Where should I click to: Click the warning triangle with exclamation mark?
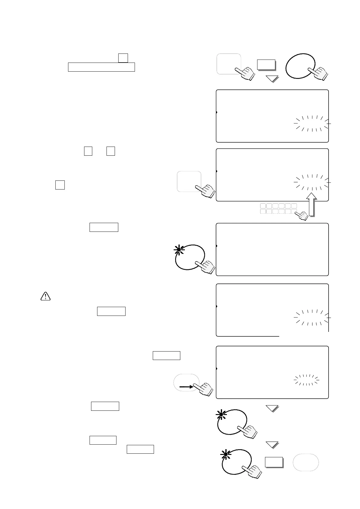click(x=45, y=296)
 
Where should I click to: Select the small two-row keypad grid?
click(x=278, y=209)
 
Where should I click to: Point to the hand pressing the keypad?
click(x=302, y=215)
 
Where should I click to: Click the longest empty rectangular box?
click(x=101, y=67)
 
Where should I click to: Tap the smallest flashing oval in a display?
click(x=306, y=380)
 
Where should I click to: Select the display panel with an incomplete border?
click(x=272, y=310)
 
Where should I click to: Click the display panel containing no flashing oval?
click(x=272, y=249)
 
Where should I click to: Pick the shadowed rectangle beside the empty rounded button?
click(x=274, y=462)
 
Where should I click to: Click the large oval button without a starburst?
click(x=300, y=66)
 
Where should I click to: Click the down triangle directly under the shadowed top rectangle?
click(x=272, y=79)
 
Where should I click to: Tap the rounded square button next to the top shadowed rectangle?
click(x=229, y=64)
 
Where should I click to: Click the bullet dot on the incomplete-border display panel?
click(x=217, y=306)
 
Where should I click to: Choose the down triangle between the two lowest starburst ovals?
click(x=272, y=445)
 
